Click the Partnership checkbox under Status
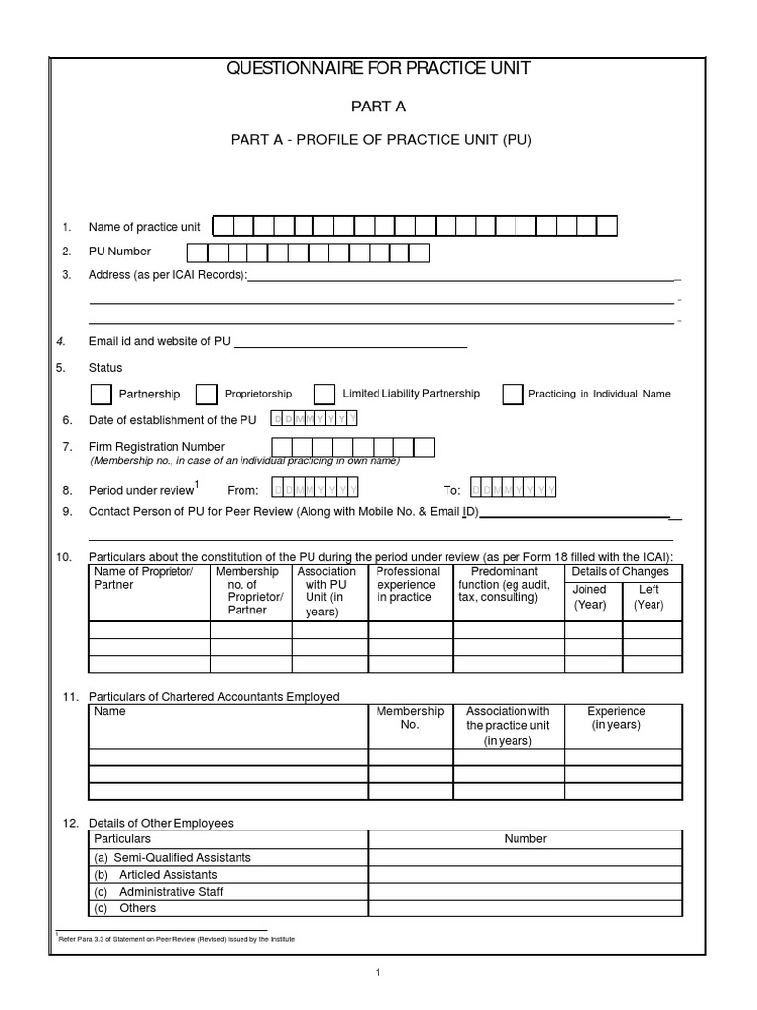(101, 395)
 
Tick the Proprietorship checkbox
(206, 395)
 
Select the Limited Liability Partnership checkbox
(324, 395)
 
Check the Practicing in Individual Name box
(513, 395)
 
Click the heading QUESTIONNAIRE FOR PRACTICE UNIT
(378, 69)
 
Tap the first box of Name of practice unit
(224, 227)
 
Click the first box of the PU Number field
(195, 252)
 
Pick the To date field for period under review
(513, 489)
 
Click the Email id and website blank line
(349, 343)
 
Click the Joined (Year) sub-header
(589, 597)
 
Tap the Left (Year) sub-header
(649, 597)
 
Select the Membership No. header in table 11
(410, 717)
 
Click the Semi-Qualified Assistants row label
(173, 857)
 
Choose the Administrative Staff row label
(172, 892)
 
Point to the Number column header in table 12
(525, 838)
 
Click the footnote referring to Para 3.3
(177, 938)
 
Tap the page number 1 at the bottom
(378, 973)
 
